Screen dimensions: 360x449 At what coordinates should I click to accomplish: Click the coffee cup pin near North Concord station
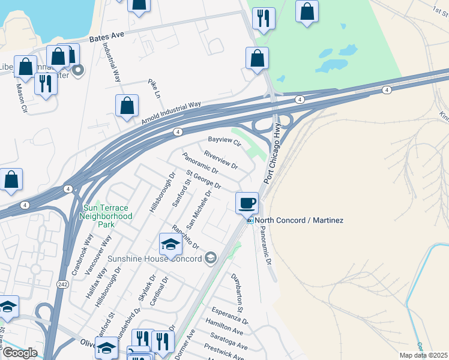(x=247, y=203)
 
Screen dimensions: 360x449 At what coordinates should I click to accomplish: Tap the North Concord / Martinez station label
(x=299, y=221)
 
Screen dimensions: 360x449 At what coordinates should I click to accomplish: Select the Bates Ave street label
(x=106, y=37)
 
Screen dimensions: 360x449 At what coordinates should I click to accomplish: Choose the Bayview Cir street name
(x=224, y=142)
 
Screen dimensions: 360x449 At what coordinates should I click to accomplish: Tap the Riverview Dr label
(x=221, y=158)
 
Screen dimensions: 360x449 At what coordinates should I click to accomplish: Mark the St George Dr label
(x=203, y=178)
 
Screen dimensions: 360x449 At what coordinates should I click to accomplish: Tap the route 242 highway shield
(x=62, y=285)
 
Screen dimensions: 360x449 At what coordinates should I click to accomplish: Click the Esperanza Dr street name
(x=229, y=317)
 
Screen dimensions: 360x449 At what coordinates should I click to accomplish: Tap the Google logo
(x=20, y=353)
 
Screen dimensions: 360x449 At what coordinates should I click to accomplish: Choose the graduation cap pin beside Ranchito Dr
(x=170, y=245)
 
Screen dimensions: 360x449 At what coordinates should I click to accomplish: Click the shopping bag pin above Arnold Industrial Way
(x=127, y=107)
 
